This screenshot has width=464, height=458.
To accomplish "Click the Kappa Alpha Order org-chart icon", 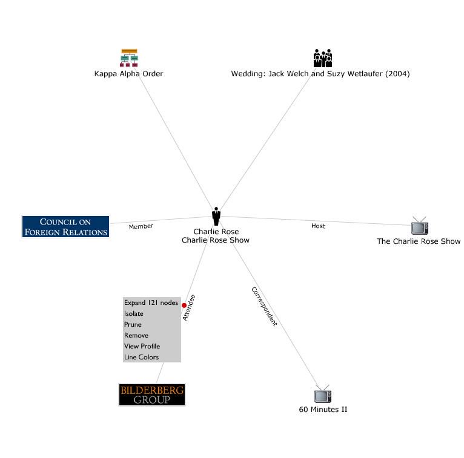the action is click(x=129, y=57).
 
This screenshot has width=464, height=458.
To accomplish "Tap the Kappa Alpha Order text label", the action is click(x=129, y=74).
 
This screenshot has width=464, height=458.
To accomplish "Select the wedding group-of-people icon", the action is click(x=323, y=57).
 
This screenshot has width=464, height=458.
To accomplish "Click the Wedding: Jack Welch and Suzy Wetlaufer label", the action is click(x=320, y=74).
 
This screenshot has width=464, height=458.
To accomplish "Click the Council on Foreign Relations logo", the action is click(x=65, y=226).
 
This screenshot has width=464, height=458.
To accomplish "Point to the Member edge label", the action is click(x=141, y=226).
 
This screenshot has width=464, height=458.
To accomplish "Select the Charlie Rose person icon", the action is click(x=216, y=216).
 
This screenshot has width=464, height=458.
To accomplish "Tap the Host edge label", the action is click(x=318, y=226).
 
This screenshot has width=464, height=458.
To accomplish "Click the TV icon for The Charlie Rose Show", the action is click(x=419, y=226).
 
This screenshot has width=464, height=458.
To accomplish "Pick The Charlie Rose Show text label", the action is click(x=419, y=241).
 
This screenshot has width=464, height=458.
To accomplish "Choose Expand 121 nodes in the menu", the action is click(x=151, y=303).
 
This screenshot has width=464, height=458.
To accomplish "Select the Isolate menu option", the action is click(x=134, y=314).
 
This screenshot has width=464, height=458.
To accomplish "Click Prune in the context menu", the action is click(x=133, y=325).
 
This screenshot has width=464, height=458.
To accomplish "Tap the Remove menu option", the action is click(x=136, y=336).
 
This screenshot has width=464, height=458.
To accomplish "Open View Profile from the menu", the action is click(x=142, y=347).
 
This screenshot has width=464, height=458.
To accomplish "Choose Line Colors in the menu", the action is click(x=141, y=358).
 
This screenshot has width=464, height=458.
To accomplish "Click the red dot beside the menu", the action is click(x=184, y=306).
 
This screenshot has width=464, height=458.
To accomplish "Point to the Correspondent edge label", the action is click(x=264, y=307).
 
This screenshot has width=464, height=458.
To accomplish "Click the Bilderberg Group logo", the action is click(x=151, y=394).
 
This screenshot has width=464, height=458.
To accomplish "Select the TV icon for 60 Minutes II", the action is click(x=323, y=396).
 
